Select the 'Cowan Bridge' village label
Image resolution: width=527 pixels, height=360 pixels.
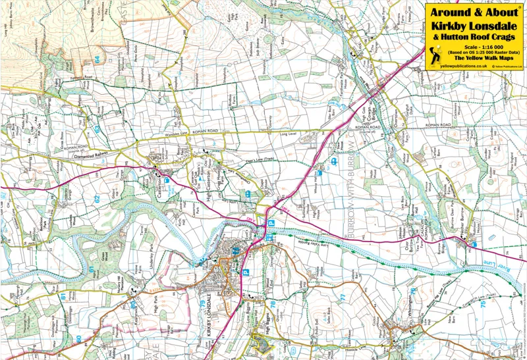point(370,100)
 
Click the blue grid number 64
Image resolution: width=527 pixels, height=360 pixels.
point(97,59)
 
